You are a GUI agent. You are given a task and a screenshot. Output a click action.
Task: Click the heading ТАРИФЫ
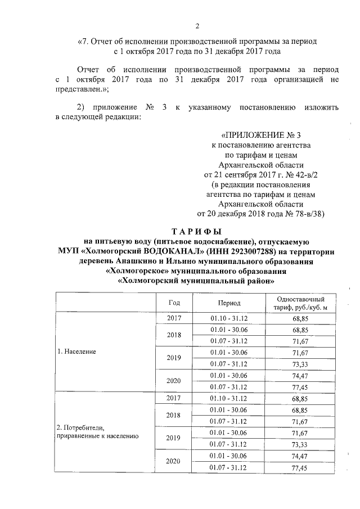[x=196, y=232]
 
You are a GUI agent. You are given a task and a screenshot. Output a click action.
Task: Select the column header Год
[x=174, y=302]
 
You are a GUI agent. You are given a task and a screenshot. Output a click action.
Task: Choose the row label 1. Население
[x=77, y=352]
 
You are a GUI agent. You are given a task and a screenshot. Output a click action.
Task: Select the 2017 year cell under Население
[x=174, y=318]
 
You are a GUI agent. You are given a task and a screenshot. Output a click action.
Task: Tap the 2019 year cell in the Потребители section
[x=174, y=437]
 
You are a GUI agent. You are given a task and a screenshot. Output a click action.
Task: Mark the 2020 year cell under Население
[x=174, y=381]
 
